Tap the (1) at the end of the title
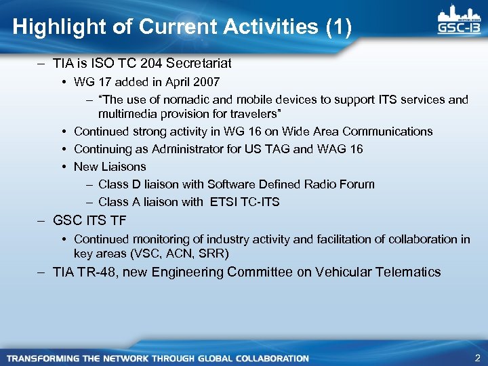tap(338, 27)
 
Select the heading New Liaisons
tap(110, 166)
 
